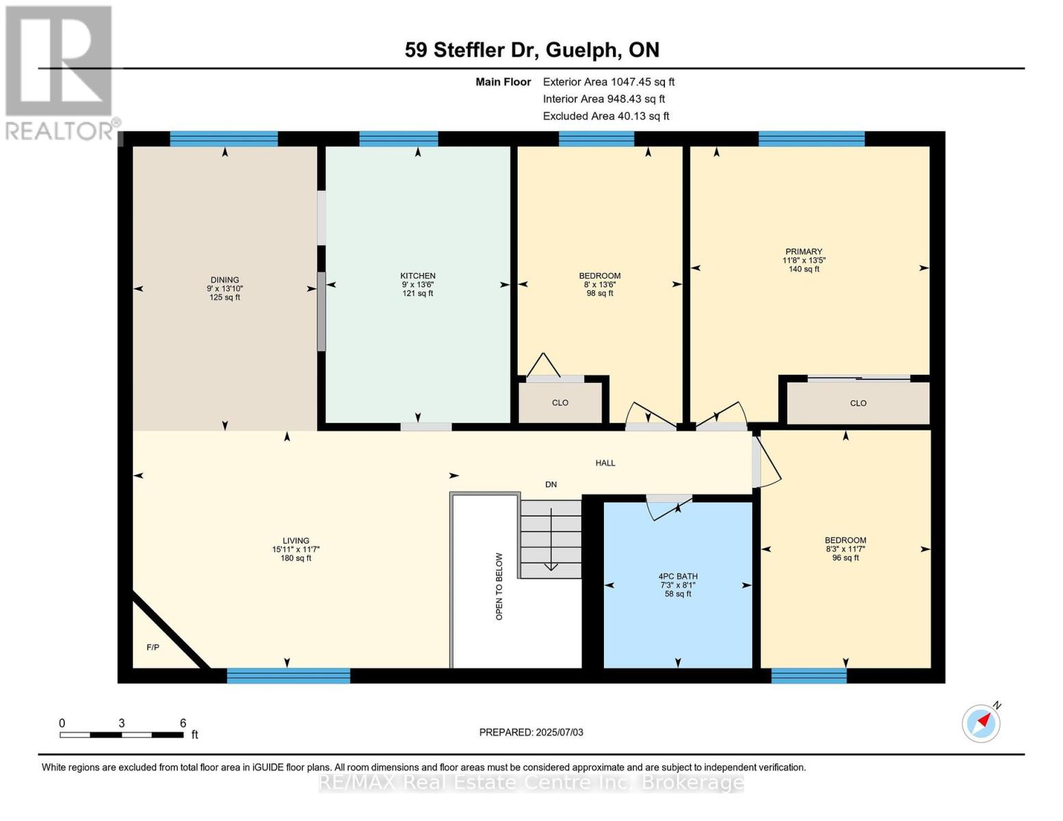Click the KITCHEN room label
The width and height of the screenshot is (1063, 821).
pos(417,276)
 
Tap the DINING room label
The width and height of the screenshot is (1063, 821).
pos(224,280)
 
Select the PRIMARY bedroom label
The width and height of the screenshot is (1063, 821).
pos(803,252)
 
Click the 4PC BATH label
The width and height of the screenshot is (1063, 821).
pos(677,577)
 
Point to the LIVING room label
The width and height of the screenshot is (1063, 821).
pos(296,540)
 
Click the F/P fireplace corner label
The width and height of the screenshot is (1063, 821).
pos(153,647)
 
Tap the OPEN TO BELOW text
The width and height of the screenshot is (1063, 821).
pos(499,586)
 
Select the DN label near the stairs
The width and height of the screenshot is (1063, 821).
pos(551,484)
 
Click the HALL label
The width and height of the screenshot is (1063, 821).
pos(605,463)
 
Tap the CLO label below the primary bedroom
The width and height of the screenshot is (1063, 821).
pos(858,404)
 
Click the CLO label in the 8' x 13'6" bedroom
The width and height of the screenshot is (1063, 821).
pos(560,403)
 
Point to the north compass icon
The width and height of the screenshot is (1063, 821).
pos(982,722)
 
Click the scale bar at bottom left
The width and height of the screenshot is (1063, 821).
pos(121,735)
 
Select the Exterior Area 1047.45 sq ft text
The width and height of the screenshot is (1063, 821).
pos(608,82)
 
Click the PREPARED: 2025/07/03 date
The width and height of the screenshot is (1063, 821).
pos(531,732)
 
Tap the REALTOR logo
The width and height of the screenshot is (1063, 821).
pos(60,72)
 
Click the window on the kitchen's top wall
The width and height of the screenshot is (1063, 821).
pos(398,139)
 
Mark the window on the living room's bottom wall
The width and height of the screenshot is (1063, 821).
pos(288,676)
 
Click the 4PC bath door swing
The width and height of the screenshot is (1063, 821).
pos(664,508)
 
